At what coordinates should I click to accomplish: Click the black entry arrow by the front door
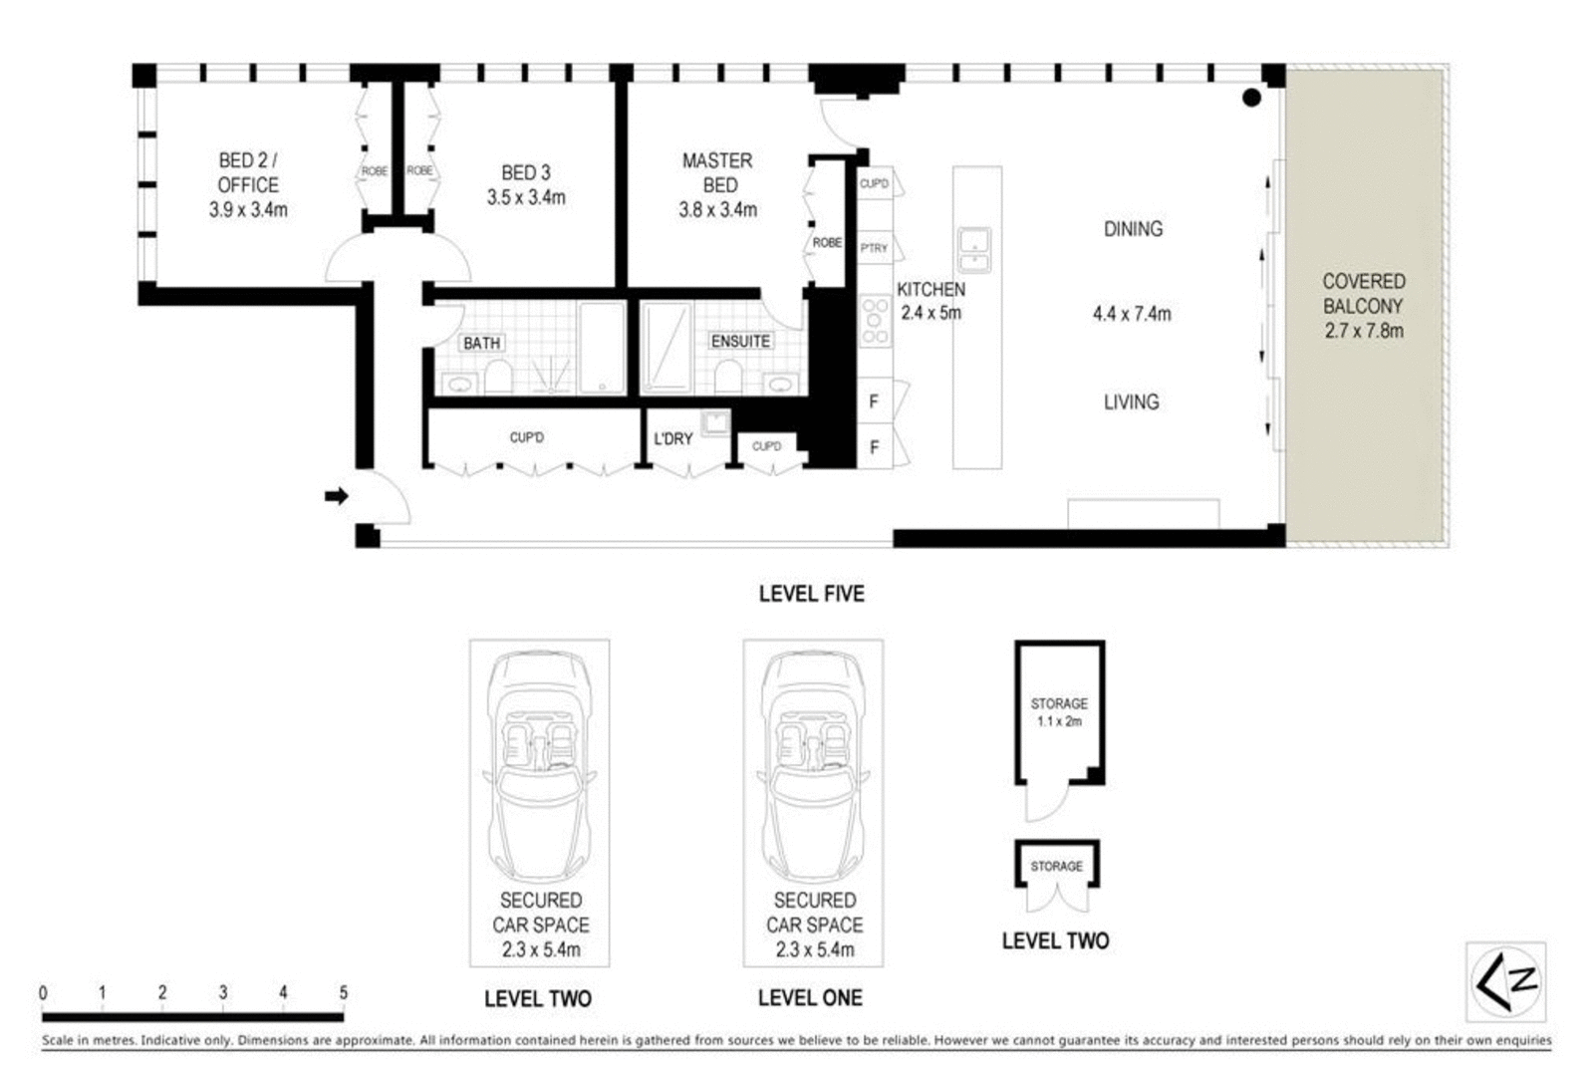pos(337,495)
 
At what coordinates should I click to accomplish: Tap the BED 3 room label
pos(525,172)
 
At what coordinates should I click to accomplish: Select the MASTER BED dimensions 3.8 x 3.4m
pos(717,210)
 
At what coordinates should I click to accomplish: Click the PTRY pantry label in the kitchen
pos(874,248)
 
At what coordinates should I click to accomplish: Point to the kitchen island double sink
pos(973,250)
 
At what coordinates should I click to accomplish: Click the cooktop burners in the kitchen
pos(875,321)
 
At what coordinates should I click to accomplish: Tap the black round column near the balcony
pos(1251,98)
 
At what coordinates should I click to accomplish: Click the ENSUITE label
pos(740,341)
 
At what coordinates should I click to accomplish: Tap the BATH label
pos(481,343)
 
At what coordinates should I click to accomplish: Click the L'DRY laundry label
pos(672,438)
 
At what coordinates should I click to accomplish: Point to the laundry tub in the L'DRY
pos(714,423)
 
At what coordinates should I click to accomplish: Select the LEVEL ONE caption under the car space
pos(810,997)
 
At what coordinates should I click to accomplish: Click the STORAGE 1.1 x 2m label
pos(1059,711)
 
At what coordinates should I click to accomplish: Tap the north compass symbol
pos(1505,981)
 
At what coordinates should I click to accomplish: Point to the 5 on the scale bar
pos(343,992)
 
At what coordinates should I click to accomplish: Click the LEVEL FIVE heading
pos(811,594)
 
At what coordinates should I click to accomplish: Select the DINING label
pos(1133,229)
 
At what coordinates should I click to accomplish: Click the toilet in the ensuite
pos(728,377)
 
